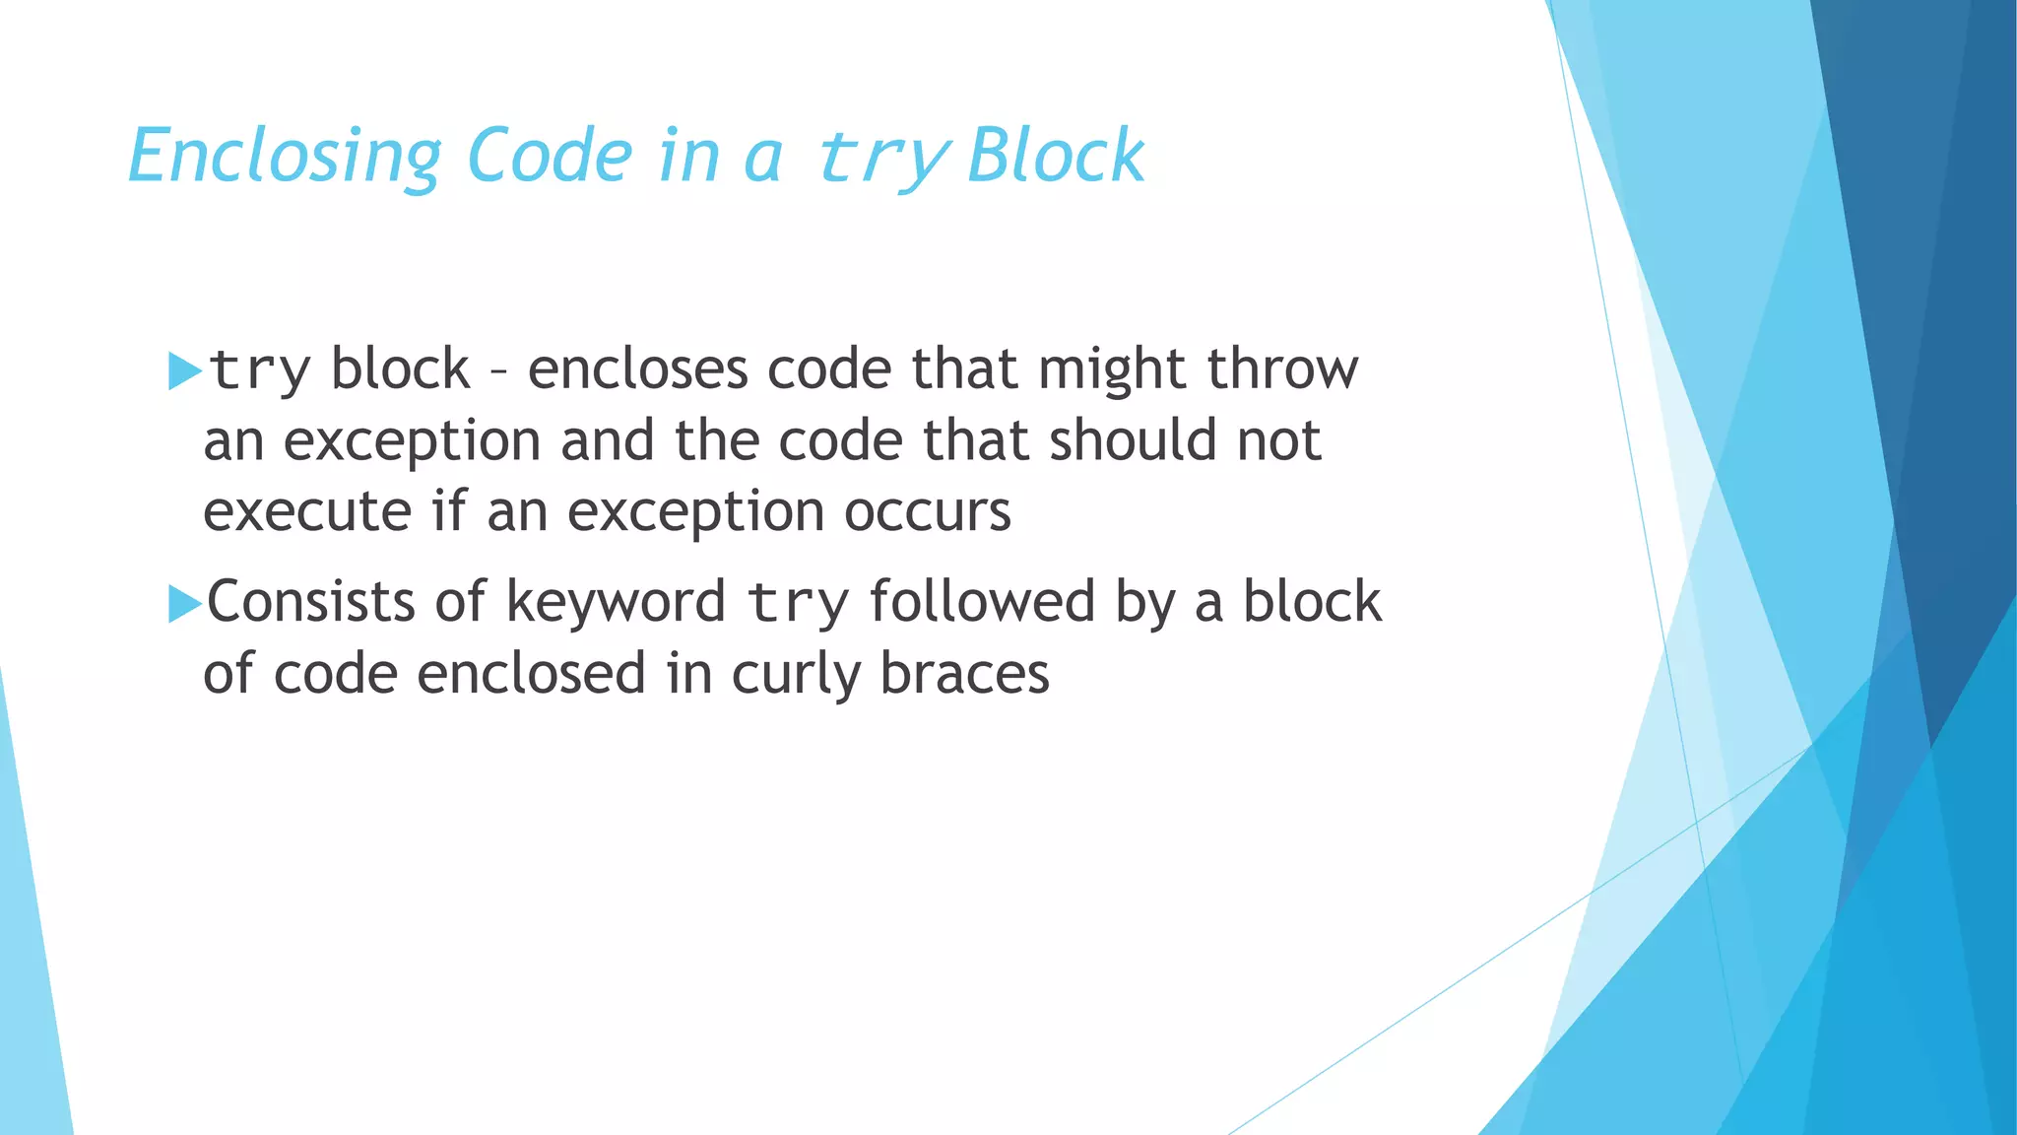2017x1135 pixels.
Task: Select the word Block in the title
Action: pyautogui.click(x=1056, y=156)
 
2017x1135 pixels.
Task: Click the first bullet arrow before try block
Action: pyautogui.click(x=184, y=370)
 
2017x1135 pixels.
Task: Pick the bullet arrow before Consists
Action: pyautogui.click(x=184, y=603)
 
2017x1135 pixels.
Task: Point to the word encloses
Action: pyautogui.click(x=637, y=369)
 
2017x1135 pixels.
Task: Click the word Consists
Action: pyautogui.click(x=311, y=602)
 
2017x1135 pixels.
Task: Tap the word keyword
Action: pyautogui.click(x=616, y=602)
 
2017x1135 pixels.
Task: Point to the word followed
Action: pyautogui.click(x=982, y=602)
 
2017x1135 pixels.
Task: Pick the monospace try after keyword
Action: pyautogui.click(x=798, y=604)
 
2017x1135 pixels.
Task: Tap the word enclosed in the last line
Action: pyautogui.click(x=531, y=675)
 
